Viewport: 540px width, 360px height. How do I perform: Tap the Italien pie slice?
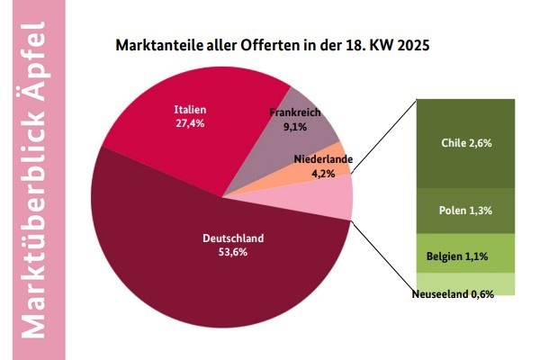[171, 144]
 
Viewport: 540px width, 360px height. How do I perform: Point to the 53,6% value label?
[232, 252]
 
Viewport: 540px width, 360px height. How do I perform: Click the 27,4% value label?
[189, 123]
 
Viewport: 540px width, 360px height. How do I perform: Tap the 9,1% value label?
[294, 127]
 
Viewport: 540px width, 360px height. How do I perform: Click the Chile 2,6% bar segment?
[465, 142]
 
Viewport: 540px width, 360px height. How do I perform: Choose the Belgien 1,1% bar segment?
[465, 256]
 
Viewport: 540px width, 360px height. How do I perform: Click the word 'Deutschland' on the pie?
[232, 238]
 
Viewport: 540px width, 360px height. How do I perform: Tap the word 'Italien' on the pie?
[189, 110]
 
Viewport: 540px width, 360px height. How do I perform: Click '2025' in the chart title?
[409, 43]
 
